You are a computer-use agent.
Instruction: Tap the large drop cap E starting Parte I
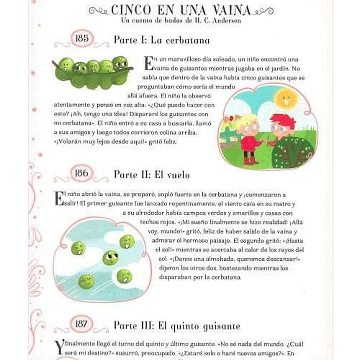click(x=148, y=64)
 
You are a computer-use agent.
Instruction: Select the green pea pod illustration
click(x=93, y=70)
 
